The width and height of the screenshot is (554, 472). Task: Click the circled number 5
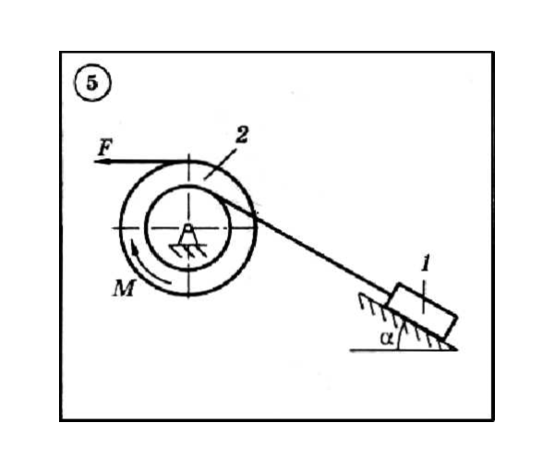92,83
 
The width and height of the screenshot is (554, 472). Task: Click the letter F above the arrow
105,148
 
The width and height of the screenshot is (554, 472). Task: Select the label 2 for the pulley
242,135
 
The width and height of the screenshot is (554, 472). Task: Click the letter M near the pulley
124,288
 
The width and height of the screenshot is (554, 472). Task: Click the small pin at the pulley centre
188,227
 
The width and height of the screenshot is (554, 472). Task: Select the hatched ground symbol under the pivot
188,250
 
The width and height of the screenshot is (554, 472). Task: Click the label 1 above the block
426,263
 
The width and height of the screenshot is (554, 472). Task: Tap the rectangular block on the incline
423,310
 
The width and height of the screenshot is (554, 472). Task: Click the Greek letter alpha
387,338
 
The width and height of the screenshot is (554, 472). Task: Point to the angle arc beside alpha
400,336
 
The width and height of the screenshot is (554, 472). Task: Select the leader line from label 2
221,164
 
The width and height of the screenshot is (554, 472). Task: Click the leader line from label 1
424,297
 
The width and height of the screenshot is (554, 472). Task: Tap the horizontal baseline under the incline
403,350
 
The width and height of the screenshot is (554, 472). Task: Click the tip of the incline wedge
457,350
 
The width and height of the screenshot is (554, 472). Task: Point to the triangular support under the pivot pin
188,237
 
